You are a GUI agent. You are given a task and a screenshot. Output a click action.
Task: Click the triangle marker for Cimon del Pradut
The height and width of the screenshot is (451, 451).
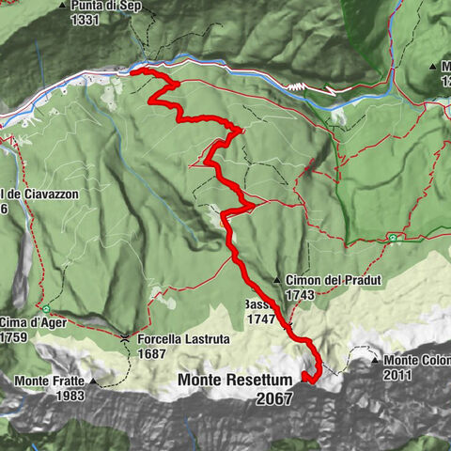[x=277, y=280]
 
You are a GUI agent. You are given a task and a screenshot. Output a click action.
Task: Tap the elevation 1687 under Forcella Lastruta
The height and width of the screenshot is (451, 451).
[x=152, y=353]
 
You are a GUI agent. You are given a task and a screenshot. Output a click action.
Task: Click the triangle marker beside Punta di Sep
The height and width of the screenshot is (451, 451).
[x=63, y=5]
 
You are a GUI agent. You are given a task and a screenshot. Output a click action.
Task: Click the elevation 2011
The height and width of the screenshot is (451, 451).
[x=397, y=374]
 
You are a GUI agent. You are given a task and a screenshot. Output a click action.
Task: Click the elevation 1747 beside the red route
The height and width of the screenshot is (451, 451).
[x=260, y=319]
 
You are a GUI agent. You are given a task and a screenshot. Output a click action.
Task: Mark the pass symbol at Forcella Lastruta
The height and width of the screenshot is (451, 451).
[x=125, y=336]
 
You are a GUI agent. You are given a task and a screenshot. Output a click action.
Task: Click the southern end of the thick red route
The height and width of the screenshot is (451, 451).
[x=306, y=378]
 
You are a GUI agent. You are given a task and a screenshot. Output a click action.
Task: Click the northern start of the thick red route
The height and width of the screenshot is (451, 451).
[x=132, y=71]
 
